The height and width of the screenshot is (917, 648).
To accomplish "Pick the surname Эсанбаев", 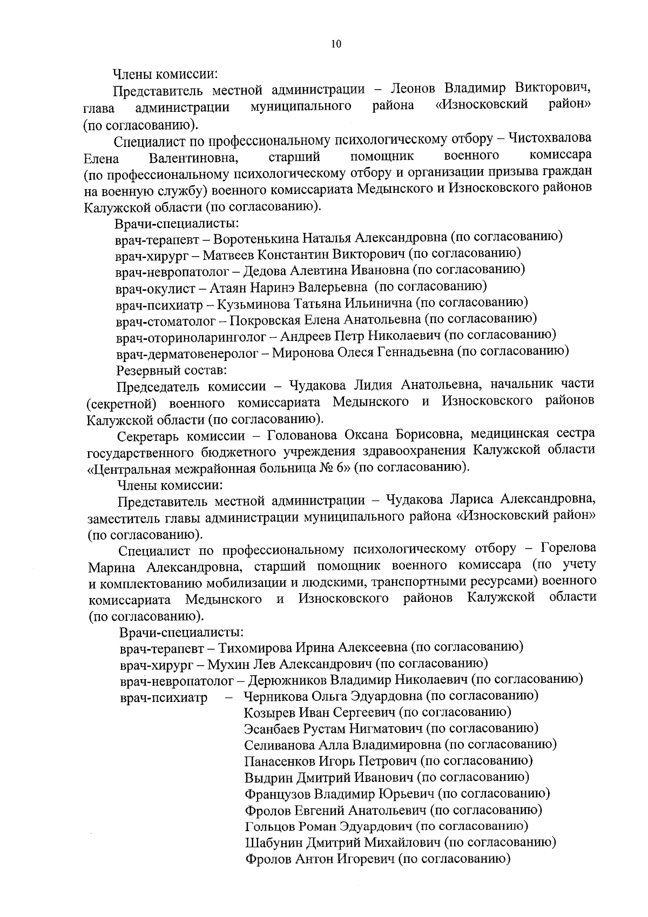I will [x=270, y=729].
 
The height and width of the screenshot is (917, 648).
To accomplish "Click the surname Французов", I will [x=277, y=794].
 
